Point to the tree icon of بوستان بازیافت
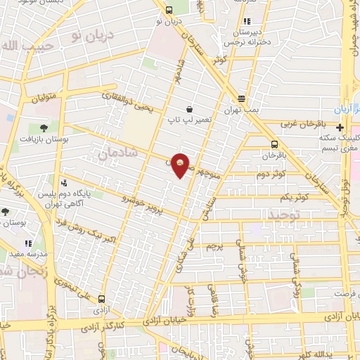[44, 128]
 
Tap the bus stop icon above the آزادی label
[103, 297]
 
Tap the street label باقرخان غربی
[300, 124]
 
